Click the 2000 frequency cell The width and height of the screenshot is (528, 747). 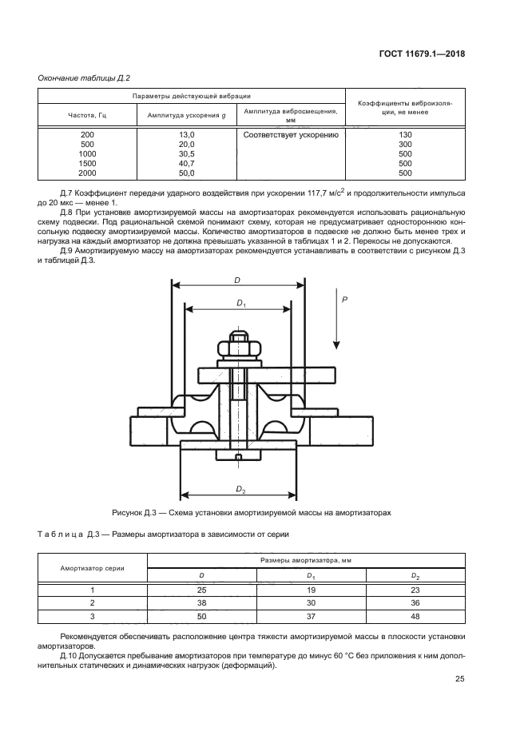[86, 173]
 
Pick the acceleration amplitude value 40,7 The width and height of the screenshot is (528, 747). [187, 163]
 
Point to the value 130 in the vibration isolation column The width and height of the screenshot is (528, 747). [404, 134]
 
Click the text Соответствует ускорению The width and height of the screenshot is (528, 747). [292, 134]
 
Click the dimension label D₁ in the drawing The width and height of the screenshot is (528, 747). [241, 304]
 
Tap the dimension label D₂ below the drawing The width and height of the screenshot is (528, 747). [240, 487]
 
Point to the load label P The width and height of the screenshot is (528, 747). [344, 298]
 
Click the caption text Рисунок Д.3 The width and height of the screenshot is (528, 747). [141, 511]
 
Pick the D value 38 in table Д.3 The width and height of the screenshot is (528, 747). [201, 602]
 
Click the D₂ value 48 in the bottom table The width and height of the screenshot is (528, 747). [415, 616]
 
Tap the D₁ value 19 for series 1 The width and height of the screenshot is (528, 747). [310, 589]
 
